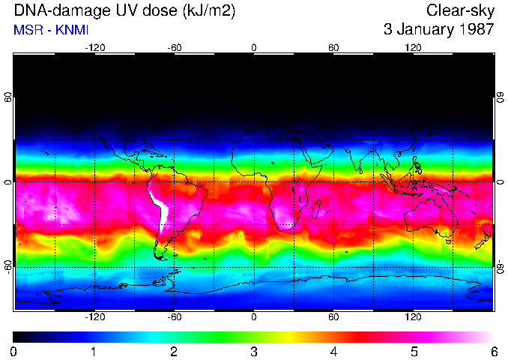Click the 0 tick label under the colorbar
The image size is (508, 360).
(x=14, y=351)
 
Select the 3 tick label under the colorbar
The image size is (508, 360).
(x=253, y=351)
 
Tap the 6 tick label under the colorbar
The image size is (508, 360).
(x=493, y=351)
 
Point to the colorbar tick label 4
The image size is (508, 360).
(x=333, y=351)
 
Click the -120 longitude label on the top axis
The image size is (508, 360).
(x=94, y=47)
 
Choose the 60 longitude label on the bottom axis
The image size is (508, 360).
(x=333, y=317)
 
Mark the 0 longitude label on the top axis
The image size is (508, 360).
(x=254, y=47)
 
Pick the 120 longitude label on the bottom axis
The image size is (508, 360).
(x=413, y=317)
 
